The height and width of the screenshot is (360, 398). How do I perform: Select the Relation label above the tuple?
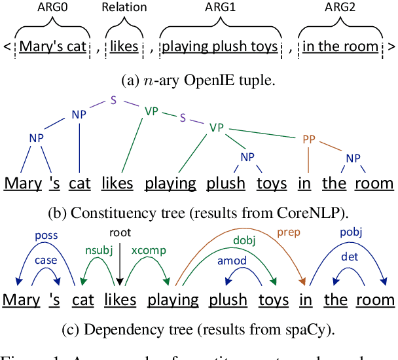coord(125,7)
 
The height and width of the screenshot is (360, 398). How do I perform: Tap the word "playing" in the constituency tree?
coord(171,183)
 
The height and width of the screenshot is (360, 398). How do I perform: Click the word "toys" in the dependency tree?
coord(273,300)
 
